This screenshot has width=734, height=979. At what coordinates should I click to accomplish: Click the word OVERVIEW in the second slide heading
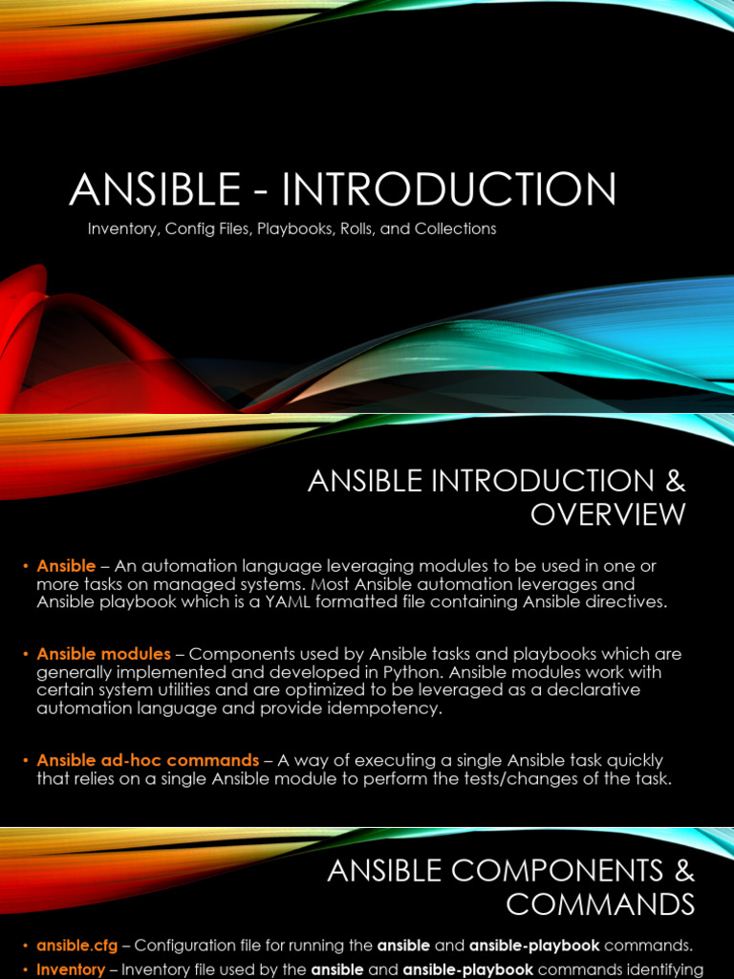point(608,514)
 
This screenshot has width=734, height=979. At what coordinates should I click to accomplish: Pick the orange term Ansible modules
point(103,654)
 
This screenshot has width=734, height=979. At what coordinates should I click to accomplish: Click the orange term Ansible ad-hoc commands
point(147,761)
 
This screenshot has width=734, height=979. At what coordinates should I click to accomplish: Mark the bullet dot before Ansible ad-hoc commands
point(25,761)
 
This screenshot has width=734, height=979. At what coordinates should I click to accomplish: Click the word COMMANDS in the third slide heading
point(600,903)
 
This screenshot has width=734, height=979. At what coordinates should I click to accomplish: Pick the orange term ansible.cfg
point(77,946)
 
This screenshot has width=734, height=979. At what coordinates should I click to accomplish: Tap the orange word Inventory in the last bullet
point(71,969)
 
